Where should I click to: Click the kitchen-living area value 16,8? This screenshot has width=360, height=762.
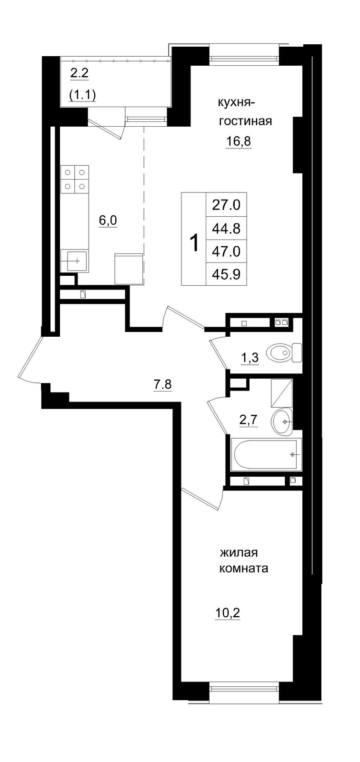tap(238, 141)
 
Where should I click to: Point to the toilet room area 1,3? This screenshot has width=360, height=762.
tap(250, 357)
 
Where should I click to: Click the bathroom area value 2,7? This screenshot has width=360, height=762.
tap(248, 420)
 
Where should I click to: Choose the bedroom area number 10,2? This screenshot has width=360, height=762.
tap(227, 612)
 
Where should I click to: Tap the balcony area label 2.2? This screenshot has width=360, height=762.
tap(80, 74)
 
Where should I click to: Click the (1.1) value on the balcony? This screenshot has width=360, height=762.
tap(83, 95)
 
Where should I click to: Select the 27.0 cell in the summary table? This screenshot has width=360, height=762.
tap(226, 205)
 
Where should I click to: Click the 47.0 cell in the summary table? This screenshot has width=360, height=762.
tap(226, 251)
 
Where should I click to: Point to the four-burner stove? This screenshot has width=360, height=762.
tap(75, 180)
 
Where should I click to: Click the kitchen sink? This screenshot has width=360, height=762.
tap(74, 261)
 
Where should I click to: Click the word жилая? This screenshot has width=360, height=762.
tap(239, 553)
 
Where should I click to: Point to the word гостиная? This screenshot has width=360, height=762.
tap(245, 121)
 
